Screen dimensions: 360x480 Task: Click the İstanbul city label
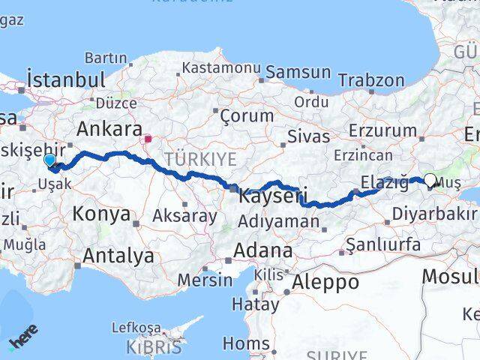65,79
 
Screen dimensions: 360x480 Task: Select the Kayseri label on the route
273,197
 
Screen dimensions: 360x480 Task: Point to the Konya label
101,214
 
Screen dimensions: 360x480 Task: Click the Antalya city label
118,256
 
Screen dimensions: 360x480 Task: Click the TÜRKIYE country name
201,159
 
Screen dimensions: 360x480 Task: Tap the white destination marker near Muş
430,179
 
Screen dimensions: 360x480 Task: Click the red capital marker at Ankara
148,139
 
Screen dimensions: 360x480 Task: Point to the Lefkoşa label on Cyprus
136,328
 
